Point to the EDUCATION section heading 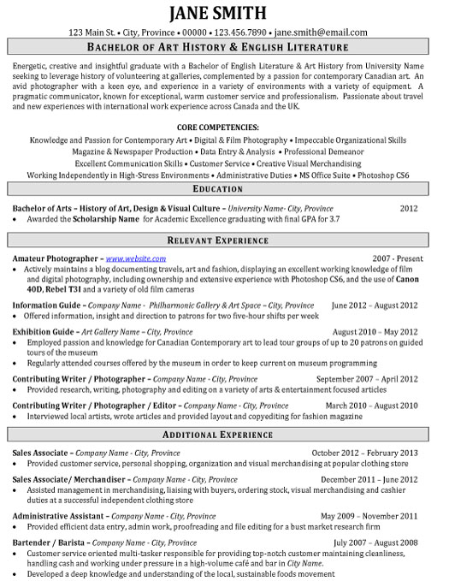click(224, 190)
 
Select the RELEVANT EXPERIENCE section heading click(224, 240)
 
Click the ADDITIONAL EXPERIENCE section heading click(224, 436)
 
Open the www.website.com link click(135, 258)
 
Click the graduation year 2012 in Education click(409, 207)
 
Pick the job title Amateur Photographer click(55, 258)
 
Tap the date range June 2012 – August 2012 click(375, 304)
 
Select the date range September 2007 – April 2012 click(367, 377)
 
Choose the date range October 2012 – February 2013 click(364, 452)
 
